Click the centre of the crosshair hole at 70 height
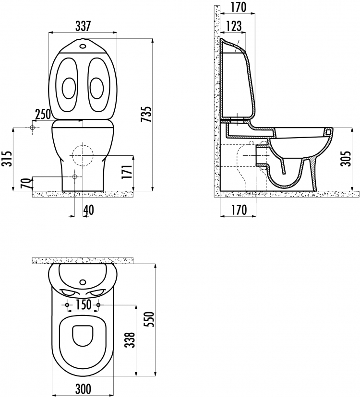tap(74, 176)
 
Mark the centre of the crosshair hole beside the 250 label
tap(32, 128)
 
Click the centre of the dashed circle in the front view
tap(83, 155)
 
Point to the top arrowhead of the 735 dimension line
tap(152, 40)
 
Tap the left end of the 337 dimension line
tap(48, 33)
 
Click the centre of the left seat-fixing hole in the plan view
tap(67, 305)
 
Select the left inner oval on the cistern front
tap(69, 88)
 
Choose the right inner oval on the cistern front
tap(97, 88)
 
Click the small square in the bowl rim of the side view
tap(328, 132)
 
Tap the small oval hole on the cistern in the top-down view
tap(83, 281)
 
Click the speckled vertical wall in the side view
tap(217, 101)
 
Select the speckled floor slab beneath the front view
tap(83, 194)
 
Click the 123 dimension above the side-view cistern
tap(234, 26)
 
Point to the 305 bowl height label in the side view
tap(346, 159)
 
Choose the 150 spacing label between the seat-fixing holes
tap(83, 305)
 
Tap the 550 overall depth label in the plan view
tap(150, 319)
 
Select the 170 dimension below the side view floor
tap(238, 210)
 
